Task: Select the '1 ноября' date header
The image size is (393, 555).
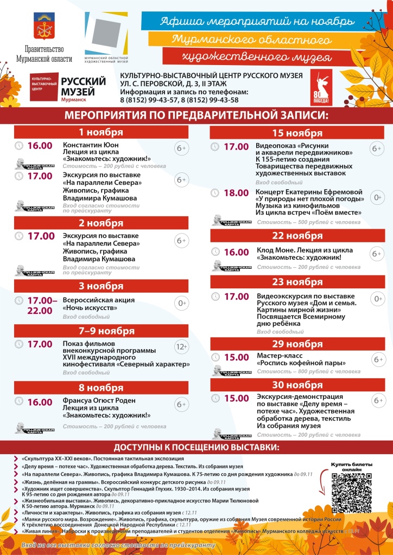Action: [x=101, y=132]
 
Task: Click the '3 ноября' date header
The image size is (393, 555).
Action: [x=101, y=286]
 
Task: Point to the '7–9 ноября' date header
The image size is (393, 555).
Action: [x=101, y=331]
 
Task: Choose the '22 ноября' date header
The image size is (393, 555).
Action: [x=297, y=236]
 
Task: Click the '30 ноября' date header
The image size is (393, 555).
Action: [x=297, y=385]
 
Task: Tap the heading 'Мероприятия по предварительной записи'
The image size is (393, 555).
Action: [x=196, y=115]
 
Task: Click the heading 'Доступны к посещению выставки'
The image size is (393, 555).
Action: [x=196, y=448]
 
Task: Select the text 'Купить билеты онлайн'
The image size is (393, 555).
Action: [x=352, y=467]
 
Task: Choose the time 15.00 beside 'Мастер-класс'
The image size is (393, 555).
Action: [x=236, y=357]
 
